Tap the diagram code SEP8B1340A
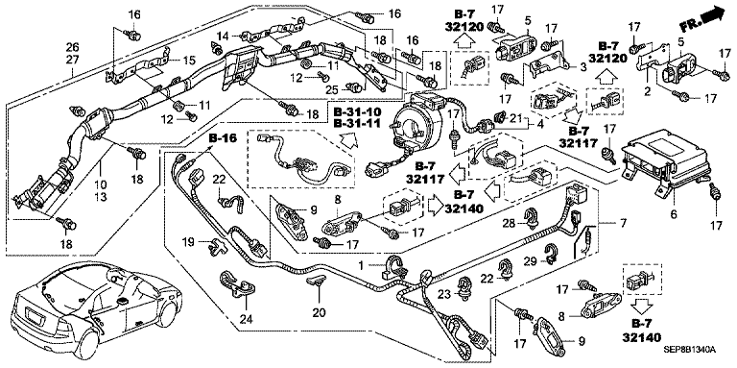[689, 349]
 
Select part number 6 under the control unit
[673, 214]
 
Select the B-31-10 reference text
[358, 112]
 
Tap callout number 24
[247, 320]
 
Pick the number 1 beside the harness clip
[362, 265]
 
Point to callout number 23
[445, 294]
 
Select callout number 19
[188, 243]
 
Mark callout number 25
[334, 89]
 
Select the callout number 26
[73, 47]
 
